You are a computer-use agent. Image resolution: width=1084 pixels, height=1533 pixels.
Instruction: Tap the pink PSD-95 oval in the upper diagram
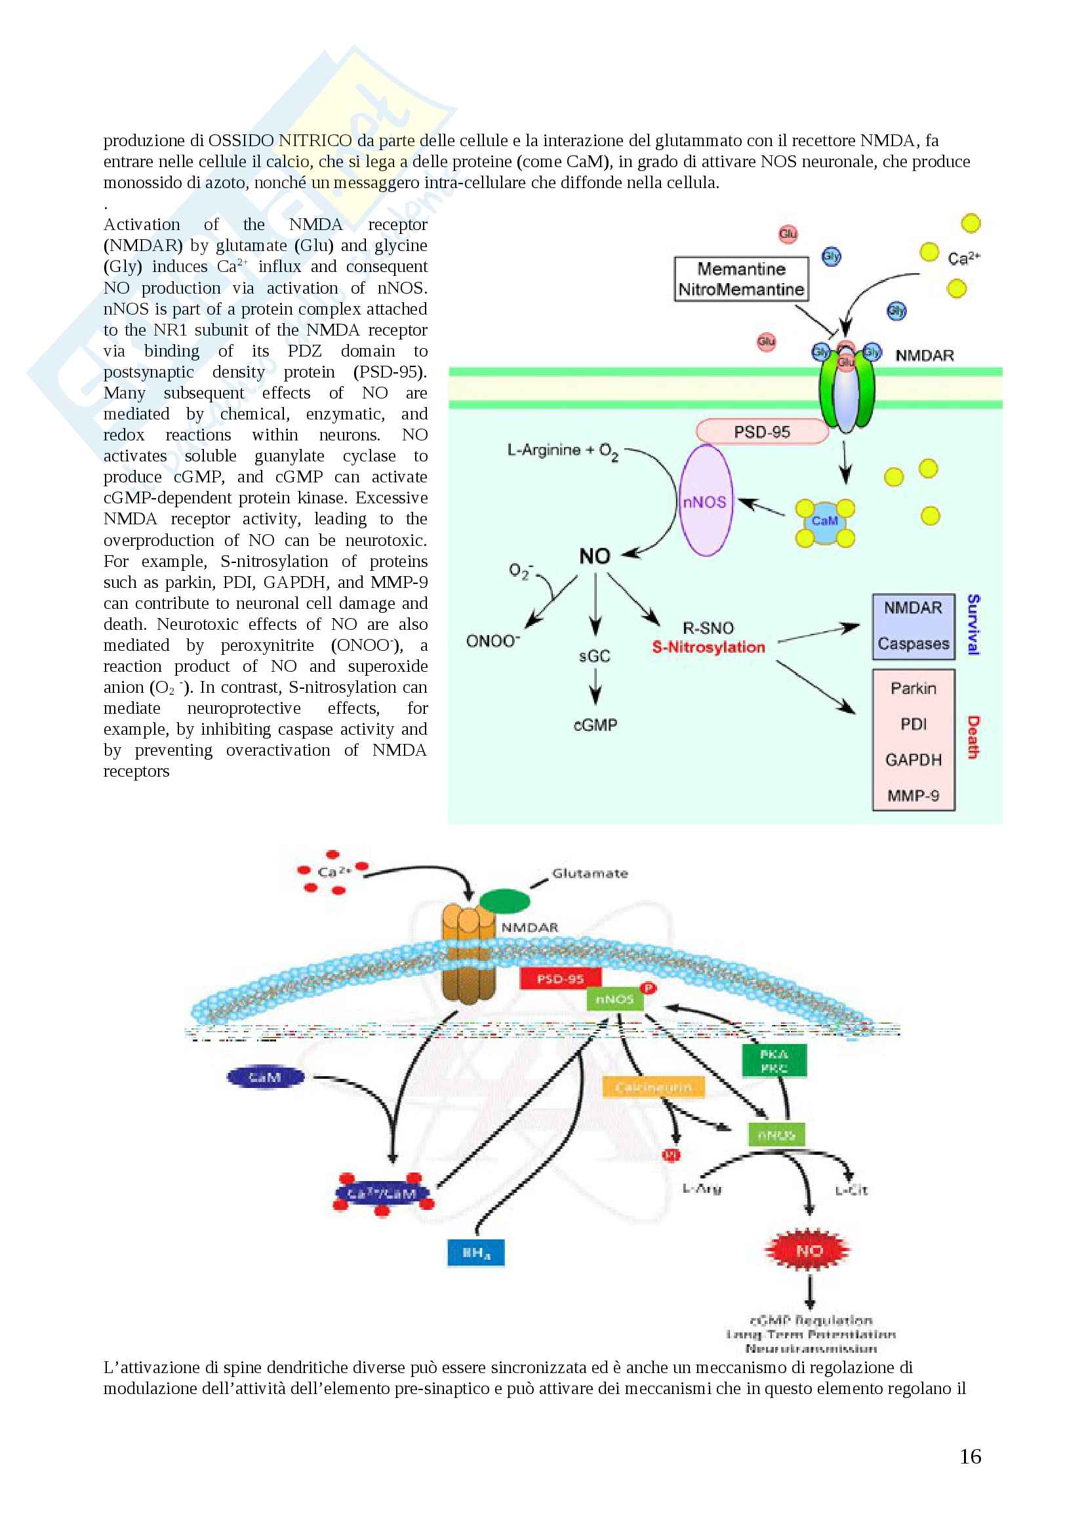point(761,432)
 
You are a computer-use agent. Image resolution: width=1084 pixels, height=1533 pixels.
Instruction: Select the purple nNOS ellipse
point(705,501)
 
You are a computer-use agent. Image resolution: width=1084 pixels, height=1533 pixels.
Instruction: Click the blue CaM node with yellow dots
point(825,521)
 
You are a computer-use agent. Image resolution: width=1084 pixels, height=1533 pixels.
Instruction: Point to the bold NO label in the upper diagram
point(594,556)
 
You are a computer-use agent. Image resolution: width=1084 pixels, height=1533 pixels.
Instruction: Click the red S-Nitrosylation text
point(708,647)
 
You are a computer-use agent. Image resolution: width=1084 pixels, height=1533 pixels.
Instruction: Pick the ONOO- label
point(493,641)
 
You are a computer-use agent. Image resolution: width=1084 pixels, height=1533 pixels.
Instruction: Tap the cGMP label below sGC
point(595,725)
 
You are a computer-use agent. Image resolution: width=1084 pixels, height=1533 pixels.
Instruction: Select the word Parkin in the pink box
point(913,689)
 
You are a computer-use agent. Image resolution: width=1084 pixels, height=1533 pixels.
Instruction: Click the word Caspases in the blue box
point(913,644)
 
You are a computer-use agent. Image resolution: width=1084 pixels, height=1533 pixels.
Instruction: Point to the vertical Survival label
point(973,625)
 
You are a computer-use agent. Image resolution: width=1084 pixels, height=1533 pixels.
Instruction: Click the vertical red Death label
point(973,737)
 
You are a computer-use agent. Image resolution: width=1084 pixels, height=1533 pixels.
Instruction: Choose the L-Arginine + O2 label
point(563,452)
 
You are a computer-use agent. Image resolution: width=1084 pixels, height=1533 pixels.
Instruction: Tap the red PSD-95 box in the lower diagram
point(561,979)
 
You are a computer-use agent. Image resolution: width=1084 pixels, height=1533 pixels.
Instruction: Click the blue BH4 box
point(475,1252)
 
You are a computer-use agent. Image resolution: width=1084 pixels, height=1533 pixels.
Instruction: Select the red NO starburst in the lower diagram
point(808,1250)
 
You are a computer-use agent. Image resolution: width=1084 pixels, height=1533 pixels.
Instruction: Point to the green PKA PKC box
point(774,1061)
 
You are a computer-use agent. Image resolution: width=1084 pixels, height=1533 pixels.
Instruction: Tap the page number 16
point(970,1456)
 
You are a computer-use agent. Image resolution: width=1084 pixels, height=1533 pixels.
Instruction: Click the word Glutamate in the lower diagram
point(590,873)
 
